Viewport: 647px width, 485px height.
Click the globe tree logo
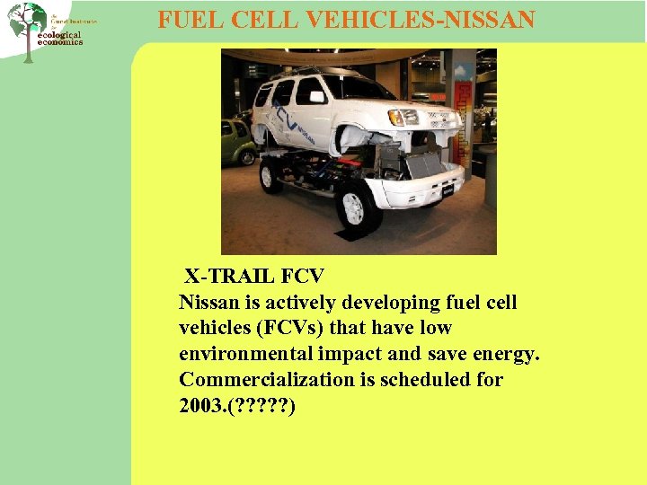(27, 27)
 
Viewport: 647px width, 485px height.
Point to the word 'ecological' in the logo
(60, 34)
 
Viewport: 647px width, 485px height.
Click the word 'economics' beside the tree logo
(60, 42)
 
